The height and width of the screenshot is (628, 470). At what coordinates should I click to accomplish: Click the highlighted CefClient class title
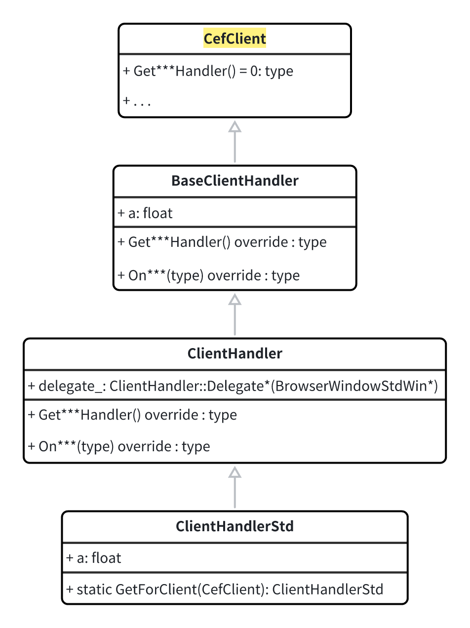[x=235, y=39]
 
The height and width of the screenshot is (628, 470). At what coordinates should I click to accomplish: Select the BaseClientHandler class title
[x=235, y=181]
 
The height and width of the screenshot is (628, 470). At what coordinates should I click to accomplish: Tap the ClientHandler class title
[x=235, y=353]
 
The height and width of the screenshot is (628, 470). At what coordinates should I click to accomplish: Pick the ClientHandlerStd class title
[x=235, y=526]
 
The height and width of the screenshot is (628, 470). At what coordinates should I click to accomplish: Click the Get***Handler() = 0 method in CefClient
[x=208, y=71]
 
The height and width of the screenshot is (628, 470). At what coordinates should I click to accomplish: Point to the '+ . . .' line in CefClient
[x=137, y=101]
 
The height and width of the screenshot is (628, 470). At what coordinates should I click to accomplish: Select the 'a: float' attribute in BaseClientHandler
[x=145, y=213]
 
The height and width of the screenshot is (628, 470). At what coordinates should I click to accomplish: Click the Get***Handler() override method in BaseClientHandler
[x=222, y=242]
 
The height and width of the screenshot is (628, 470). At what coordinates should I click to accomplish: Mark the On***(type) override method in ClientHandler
[x=119, y=447]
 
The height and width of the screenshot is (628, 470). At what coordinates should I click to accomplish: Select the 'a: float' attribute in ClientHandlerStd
[x=94, y=558]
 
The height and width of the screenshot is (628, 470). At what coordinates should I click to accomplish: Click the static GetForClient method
[x=225, y=589]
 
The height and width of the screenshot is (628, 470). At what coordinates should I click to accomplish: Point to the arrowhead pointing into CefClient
[x=235, y=126]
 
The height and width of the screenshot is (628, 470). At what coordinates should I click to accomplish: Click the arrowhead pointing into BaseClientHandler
[x=235, y=299]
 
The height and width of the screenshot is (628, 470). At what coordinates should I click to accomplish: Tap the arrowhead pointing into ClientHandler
[x=235, y=472]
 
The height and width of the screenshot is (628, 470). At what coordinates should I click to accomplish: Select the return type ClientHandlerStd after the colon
[x=328, y=589]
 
